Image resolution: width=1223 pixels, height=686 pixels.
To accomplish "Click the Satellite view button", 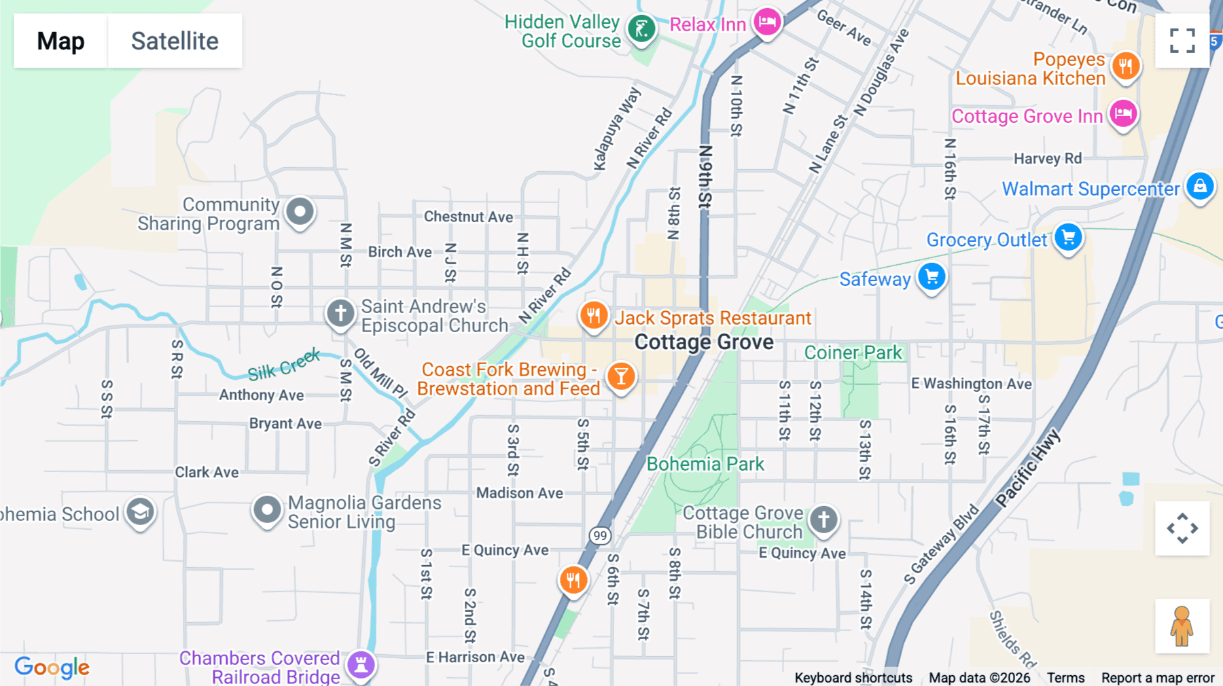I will [175, 41].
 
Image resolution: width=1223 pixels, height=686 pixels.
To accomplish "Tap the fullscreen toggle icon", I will [1182, 41].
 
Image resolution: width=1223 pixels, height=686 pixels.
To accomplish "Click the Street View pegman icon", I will [1182, 626].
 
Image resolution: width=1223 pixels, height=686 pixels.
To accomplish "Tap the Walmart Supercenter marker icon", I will [1200, 186].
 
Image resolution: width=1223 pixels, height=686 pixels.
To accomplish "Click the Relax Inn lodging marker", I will [767, 22].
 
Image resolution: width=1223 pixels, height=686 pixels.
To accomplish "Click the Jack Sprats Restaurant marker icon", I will [593, 316].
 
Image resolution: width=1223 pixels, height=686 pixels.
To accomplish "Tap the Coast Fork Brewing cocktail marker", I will [621, 376].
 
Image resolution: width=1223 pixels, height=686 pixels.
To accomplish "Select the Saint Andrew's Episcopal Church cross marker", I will [340, 314].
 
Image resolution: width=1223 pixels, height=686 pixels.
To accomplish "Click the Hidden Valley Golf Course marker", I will [641, 29].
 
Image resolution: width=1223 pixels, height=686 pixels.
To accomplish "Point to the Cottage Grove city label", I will [704, 342].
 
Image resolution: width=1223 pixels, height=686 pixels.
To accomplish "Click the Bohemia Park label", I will [705, 464].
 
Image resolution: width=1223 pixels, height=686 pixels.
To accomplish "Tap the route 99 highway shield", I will [600, 536].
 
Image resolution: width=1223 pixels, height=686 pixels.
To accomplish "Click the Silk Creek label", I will [283, 365].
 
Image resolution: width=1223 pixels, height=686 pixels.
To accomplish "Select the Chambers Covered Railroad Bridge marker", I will [361, 664].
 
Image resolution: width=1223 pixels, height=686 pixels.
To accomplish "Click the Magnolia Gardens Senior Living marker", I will [267, 509].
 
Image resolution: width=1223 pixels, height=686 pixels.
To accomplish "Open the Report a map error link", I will [1158, 678].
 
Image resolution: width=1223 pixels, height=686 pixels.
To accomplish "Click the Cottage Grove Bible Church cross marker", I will [823, 520].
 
